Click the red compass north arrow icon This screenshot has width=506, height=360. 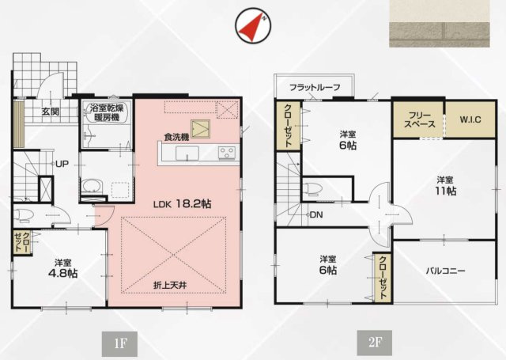[x=253, y=26]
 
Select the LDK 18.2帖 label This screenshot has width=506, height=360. [x=182, y=203]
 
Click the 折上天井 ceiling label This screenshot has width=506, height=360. [x=174, y=283]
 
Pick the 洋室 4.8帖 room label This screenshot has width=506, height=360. [x=66, y=267]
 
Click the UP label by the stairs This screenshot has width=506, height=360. [x=60, y=164]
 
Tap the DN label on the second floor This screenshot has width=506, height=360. [x=315, y=214]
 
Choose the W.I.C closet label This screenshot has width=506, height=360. [x=473, y=119]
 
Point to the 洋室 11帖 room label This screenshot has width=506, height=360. [x=445, y=185]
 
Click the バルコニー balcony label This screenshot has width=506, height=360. [x=445, y=271]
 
